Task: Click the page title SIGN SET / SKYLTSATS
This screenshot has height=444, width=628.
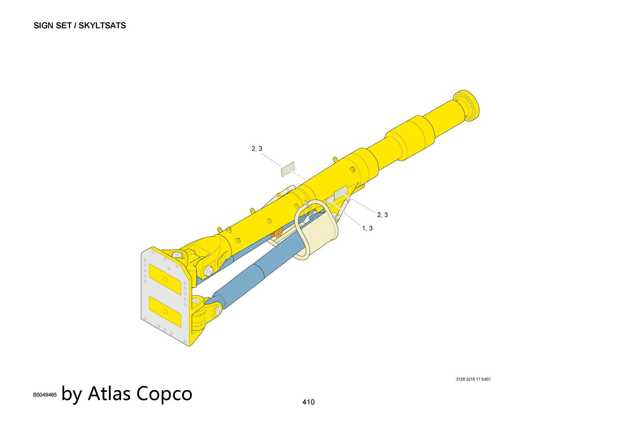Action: (80, 25)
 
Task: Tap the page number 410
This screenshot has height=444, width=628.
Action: (308, 402)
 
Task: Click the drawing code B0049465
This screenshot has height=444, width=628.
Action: (45, 395)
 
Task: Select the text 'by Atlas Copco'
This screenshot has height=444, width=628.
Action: (127, 394)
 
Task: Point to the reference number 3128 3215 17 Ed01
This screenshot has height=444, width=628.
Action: (473, 379)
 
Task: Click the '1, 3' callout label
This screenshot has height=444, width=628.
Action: (367, 228)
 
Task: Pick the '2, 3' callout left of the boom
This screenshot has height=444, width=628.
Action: (257, 149)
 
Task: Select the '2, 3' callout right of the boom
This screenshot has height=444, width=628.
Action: (382, 215)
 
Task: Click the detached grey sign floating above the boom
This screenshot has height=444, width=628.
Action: (288, 169)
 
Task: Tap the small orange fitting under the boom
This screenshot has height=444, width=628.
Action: (277, 233)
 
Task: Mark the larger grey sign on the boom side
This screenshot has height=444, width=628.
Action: (341, 192)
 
